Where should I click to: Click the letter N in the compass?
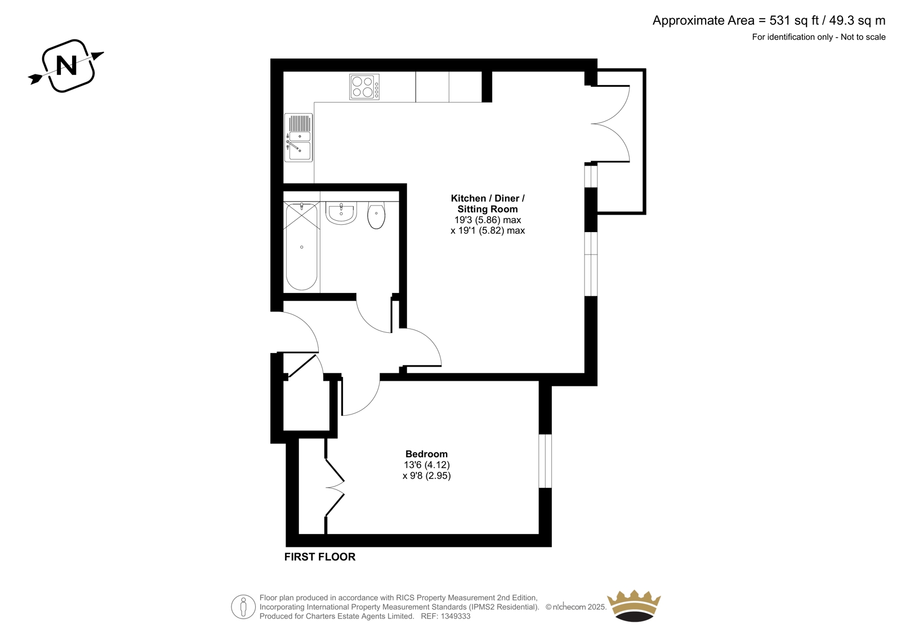click(66, 65)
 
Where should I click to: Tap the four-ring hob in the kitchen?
click(364, 87)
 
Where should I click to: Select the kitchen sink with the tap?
click(298, 137)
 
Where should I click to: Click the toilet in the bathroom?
click(376, 215)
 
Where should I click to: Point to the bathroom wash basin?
click(341, 213)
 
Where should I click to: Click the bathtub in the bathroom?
click(302, 246)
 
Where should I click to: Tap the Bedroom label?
click(426, 454)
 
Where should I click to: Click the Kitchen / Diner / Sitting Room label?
click(488, 204)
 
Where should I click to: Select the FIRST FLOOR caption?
click(320, 557)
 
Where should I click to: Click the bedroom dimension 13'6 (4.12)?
click(427, 465)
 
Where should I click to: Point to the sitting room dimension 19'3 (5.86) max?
click(488, 220)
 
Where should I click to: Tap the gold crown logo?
click(634, 606)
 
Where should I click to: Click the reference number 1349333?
click(455, 617)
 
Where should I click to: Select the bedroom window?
click(545, 461)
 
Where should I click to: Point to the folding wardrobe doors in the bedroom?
click(334, 487)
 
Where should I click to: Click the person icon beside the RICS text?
click(243, 607)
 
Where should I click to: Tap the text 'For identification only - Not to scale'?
click(819, 37)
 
